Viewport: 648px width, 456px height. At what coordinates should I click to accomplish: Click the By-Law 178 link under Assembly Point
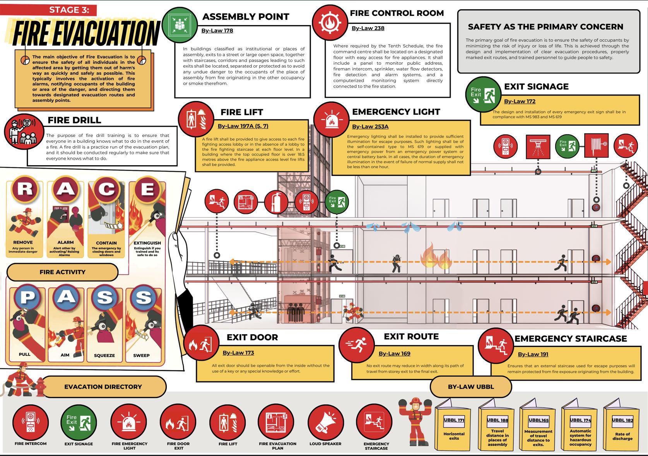[217, 31]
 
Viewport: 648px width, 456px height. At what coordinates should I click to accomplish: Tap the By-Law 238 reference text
[368, 28]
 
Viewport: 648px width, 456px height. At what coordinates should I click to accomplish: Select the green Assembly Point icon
[180, 25]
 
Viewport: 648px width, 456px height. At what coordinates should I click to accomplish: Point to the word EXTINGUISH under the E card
[147, 243]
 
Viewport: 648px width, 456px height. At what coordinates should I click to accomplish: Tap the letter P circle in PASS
[27, 297]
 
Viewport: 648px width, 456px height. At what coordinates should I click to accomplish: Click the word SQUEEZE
[104, 355]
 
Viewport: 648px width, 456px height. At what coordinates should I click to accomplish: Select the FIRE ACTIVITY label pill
[62, 272]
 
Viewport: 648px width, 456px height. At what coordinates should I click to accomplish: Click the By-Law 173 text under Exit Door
[238, 353]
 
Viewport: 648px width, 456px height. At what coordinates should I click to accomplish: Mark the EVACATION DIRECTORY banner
[103, 387]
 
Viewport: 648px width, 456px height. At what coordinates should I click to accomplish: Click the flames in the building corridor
[436, 257]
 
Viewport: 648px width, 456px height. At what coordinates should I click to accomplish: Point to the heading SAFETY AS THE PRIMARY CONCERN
[545, 27]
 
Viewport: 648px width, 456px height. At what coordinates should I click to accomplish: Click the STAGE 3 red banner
[69, 10]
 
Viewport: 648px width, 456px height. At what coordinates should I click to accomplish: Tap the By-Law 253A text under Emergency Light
[370, 126]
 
